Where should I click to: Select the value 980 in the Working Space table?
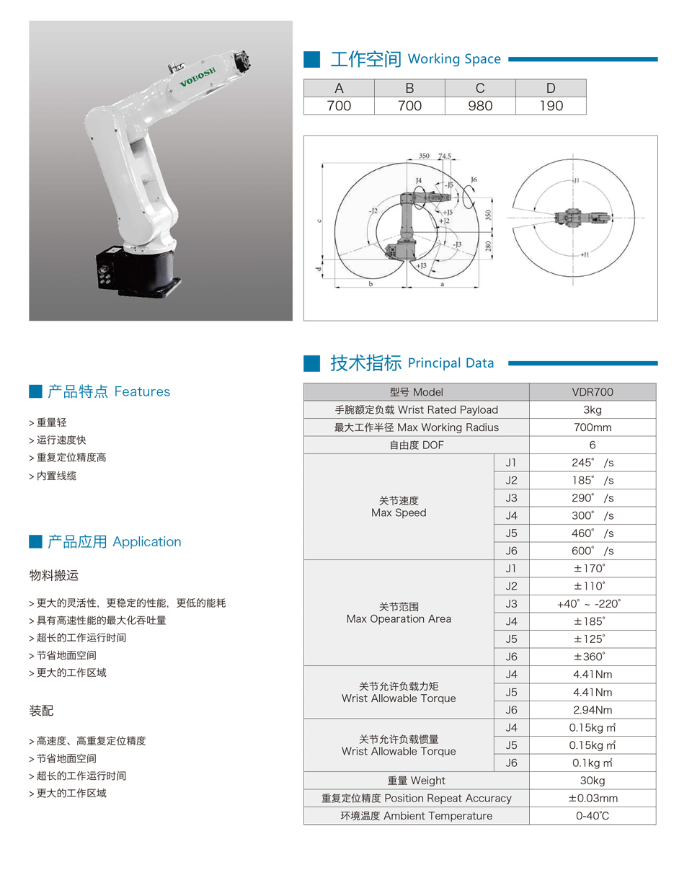[479, 106]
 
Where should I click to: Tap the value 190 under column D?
[550, 106]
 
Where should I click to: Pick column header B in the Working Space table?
[409, 88]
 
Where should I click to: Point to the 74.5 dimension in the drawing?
[444, 156]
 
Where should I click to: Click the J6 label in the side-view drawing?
[473, 179]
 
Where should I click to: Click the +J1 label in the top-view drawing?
[584, 254]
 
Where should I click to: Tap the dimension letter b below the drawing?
[371, 285]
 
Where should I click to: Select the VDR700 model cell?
[592, 392]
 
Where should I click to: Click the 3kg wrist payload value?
[592, 410]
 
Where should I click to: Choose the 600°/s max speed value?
[592, 551]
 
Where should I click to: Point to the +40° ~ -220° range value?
[589, 604]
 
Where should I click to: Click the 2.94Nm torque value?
[592, 710]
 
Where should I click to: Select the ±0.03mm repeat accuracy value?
[593, 799]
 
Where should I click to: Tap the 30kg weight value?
[592, 781]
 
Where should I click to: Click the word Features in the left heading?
[142, 392]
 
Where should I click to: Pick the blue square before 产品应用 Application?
[35, 541]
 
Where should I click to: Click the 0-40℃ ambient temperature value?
[592, 816]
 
